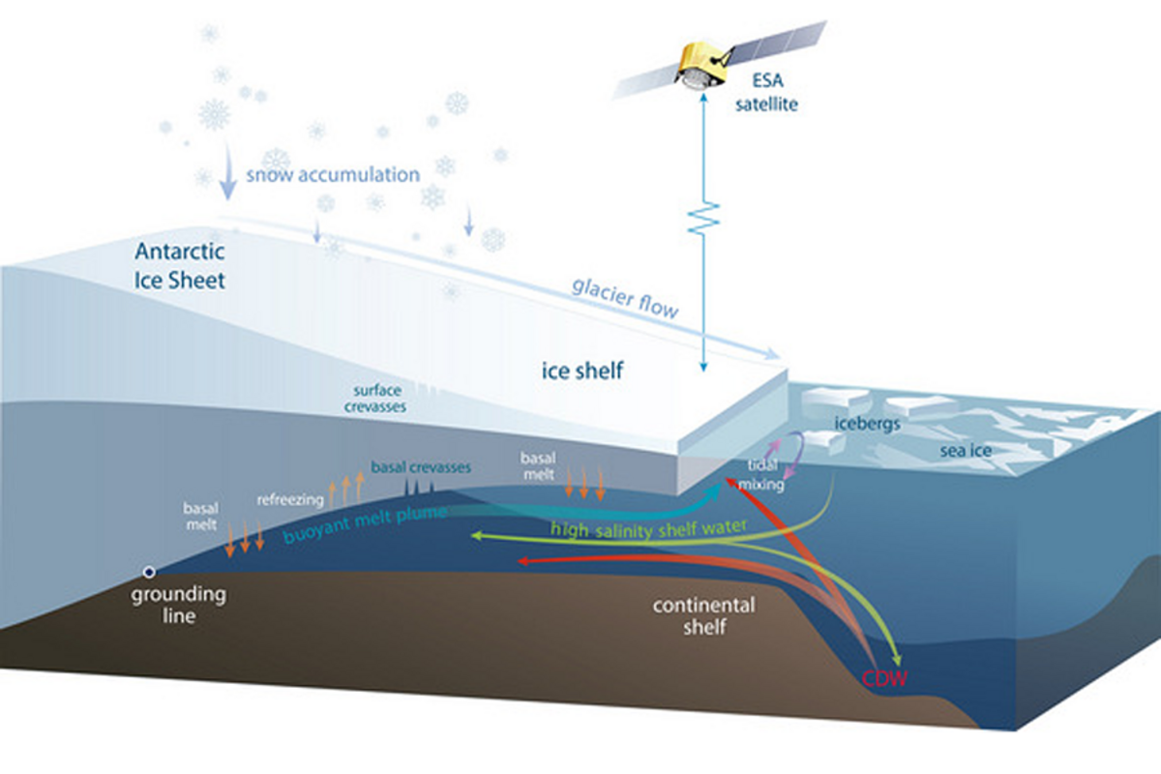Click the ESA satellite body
[703, 66]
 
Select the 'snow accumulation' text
[333, 175]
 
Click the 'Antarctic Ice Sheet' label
[181, 266]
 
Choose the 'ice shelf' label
[580, 370]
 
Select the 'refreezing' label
[289, 500]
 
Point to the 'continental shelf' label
[703, 616]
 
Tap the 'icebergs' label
[868, 424]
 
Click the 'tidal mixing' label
[761, 475]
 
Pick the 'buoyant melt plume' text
[365, 524]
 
